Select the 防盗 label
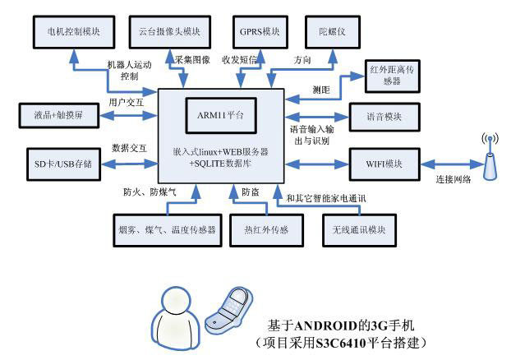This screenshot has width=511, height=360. click(251, 192)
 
